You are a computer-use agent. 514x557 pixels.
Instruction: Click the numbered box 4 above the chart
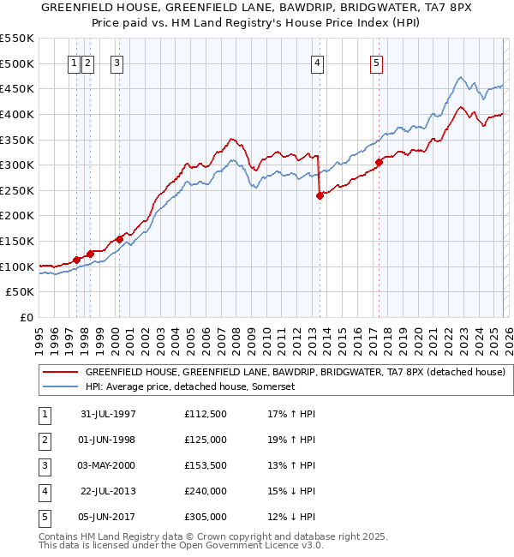click(x=317, y=62)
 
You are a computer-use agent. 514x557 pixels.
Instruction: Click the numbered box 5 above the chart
click(x=376, y=62)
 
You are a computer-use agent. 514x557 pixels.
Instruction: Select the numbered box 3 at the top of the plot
click(x=116, y=62)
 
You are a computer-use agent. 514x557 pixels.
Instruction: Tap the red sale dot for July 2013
click(x=320, y=195)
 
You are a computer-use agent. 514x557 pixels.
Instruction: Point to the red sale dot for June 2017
click(x=379, y=162)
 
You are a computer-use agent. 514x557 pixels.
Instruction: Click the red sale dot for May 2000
click(x=119, y=239)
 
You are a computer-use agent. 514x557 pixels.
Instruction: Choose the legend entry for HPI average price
click(x=189, y=387)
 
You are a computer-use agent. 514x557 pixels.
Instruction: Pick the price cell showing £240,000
click(x=205, y=491)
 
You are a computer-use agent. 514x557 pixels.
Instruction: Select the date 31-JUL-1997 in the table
click(x=108, y=414)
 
